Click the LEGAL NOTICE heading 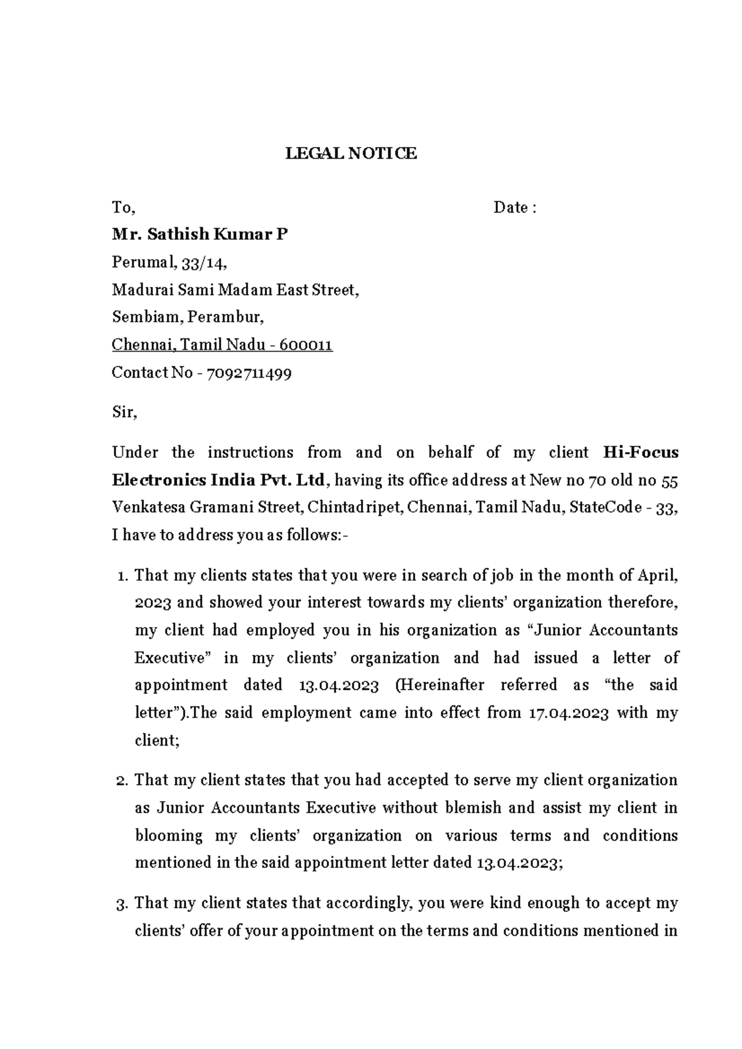click(x=351, y=153)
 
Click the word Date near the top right click(x=510, y=208)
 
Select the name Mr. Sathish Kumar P click(x=199, y=234)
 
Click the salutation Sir click(x=124, y=412)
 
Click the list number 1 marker click(x=122, y=576)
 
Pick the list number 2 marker click(x=122, y=780)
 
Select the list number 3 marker click(x=122, y=904)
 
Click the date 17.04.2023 click(x=569, y=713)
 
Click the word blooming click(x=169, y=836)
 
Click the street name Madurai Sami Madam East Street click(x=235, y=290)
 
